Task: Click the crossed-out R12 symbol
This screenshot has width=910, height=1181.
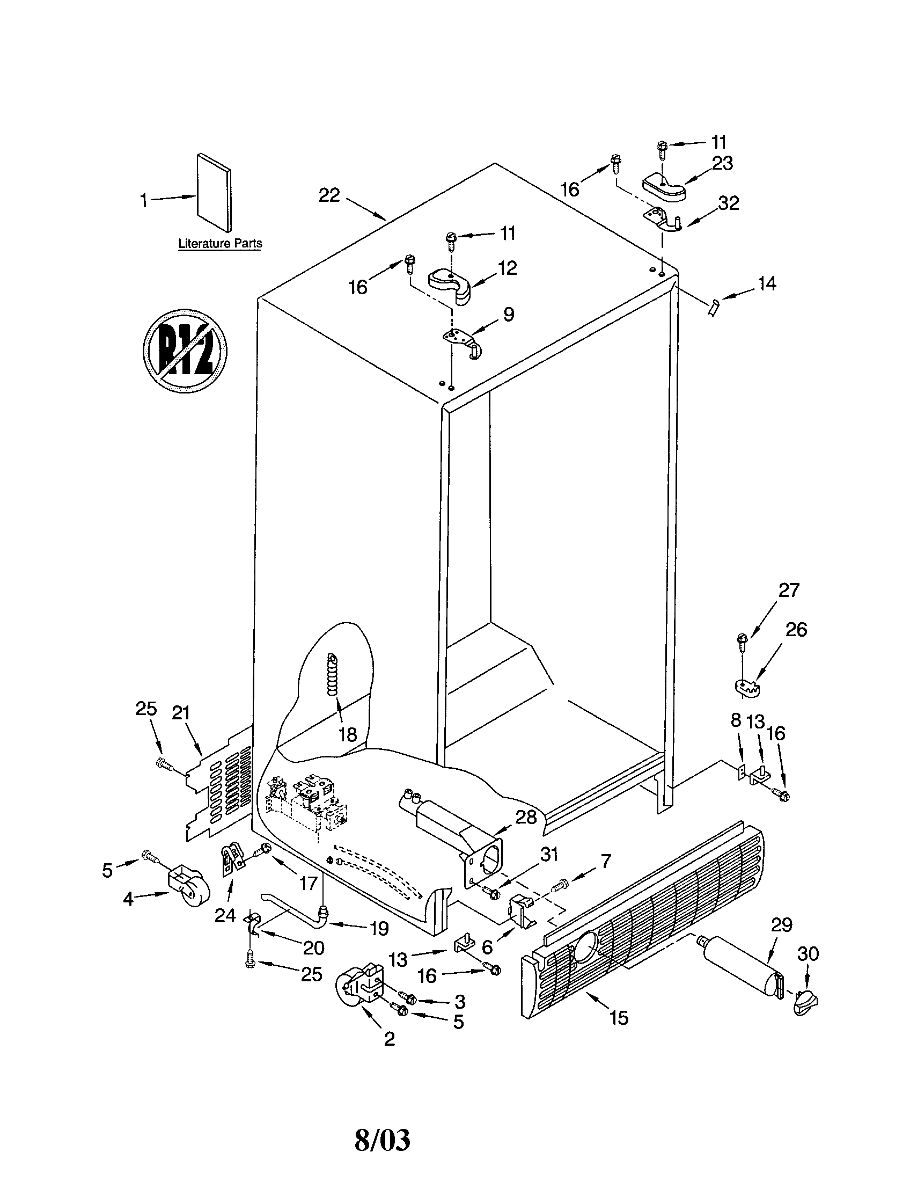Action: point(185,352)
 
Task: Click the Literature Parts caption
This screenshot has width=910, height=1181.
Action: point(220,243)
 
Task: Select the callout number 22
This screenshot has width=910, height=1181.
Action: point(329,195)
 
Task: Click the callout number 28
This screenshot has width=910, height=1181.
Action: point(525,817)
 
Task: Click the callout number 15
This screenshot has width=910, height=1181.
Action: point(619,1018)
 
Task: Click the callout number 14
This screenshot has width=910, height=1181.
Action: point(767,283)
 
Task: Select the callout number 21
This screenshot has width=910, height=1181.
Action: point(181,713)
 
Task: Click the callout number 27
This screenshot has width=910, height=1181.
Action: point(788,590)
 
